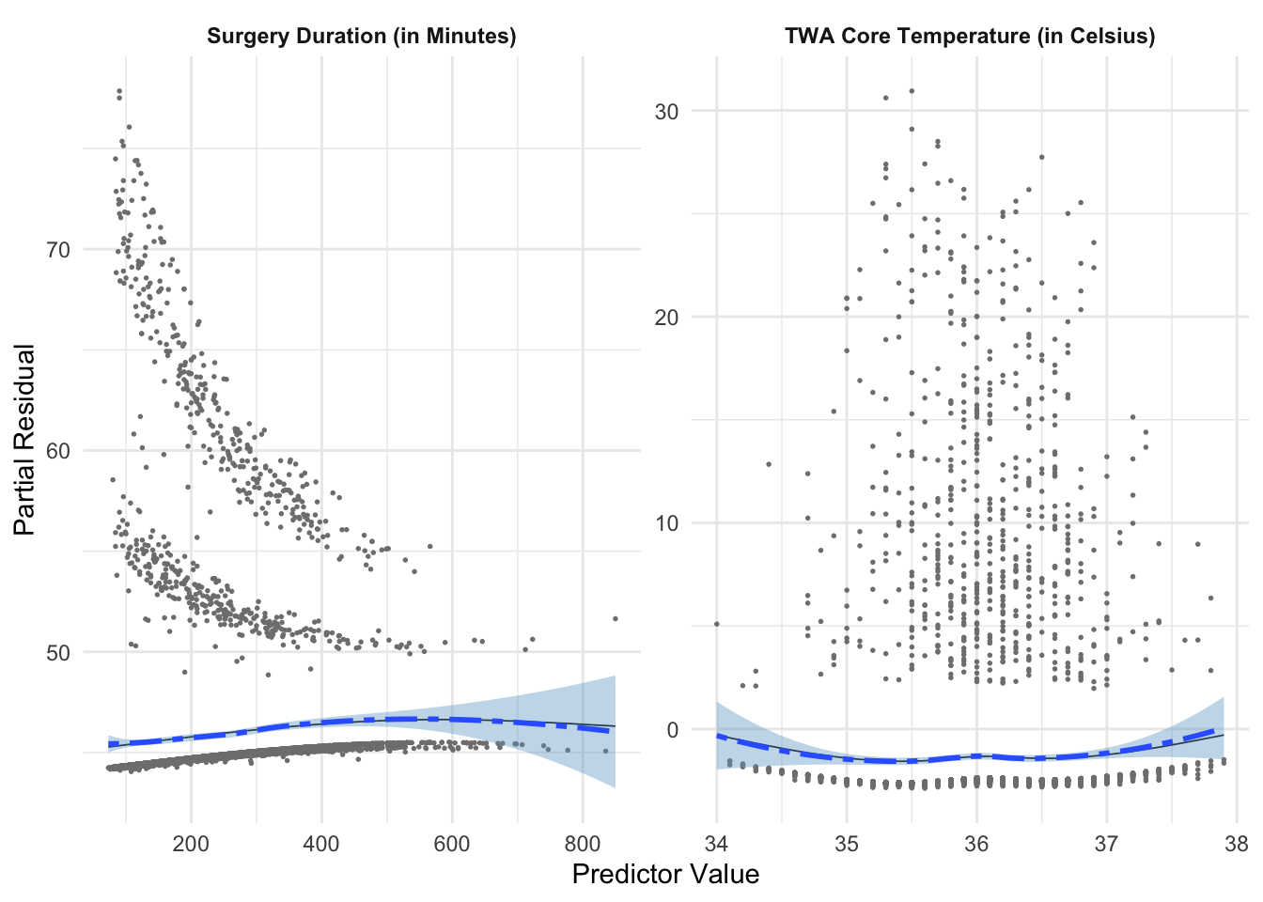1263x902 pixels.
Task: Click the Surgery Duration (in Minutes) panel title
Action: click(362, 37)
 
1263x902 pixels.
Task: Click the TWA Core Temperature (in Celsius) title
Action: click(970, 37)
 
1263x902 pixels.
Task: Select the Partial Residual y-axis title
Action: click(25, 440)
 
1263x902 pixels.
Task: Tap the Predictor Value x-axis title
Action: click(665, 875)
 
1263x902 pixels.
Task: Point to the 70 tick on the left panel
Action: click(58, 250)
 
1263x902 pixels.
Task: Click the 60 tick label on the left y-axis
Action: click(58, 451)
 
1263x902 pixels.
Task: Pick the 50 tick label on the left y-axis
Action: click(58, 653)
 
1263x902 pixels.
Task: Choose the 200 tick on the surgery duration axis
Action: click(191, 843)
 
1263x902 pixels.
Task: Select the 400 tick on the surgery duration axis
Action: click(321, 843)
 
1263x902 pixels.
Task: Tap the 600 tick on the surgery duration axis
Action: click(451, 843)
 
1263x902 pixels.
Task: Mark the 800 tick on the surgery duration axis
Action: click(582, 843)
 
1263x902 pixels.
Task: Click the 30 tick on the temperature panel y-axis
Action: click(666, 111)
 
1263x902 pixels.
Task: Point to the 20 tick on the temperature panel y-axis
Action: click(666, 317)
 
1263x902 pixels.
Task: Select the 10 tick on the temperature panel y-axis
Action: click(666, 523)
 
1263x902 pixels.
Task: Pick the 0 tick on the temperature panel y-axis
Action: click(672, 730)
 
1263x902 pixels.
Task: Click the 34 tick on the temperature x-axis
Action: click(716, 843)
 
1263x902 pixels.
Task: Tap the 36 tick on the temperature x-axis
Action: click(976, 843)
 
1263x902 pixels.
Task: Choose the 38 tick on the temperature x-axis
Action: click(1236, 843)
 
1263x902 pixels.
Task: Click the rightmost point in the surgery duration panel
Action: click(616, 618)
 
